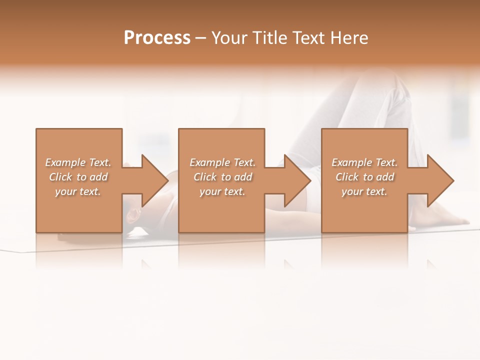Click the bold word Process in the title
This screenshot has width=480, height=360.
coord(157,38)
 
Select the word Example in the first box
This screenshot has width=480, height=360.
coord(65,162)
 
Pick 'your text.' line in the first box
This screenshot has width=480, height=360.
coord(78,191)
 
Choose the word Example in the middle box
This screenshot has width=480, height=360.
coord(209,162)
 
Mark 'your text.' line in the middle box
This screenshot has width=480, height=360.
coord(222,191)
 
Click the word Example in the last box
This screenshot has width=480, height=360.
coord(351,162)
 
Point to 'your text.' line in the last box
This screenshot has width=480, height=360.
coord(364,191)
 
